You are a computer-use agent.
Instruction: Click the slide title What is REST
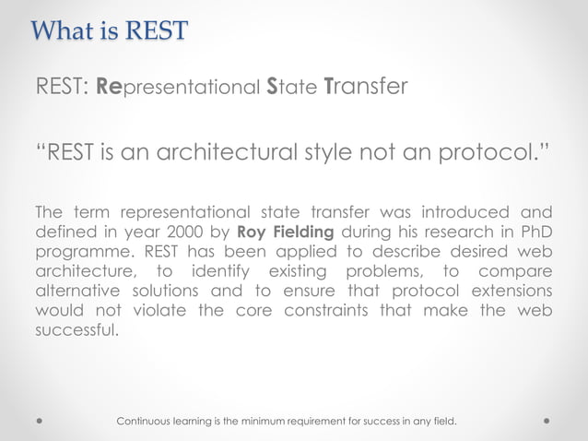pyautogui.click(x=110, y=30)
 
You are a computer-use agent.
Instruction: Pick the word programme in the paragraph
pyautogui.click(x=78, y=253)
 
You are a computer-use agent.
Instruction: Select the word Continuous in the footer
pyautogui.click(x=148, y=422)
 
